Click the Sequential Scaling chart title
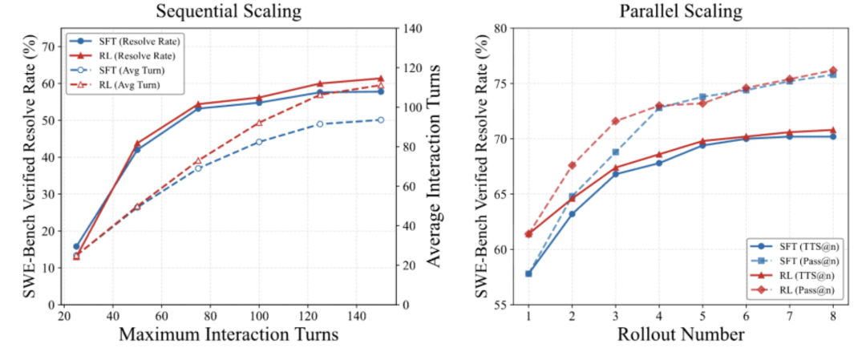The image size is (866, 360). point(228,11)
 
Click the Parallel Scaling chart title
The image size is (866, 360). point(680,11)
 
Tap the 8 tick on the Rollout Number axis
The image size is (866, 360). point(833,316)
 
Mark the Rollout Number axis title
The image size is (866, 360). point(680,335)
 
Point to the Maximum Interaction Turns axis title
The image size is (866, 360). point(229,335)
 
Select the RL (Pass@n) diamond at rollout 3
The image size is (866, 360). point(616,121)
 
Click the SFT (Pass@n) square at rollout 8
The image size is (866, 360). point(833,75)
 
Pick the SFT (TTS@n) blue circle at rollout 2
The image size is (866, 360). point(572,214)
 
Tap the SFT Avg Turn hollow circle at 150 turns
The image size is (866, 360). point(380,119)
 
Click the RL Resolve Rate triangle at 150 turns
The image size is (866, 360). point(380,78)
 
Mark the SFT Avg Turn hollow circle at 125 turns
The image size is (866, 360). point(319,123)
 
